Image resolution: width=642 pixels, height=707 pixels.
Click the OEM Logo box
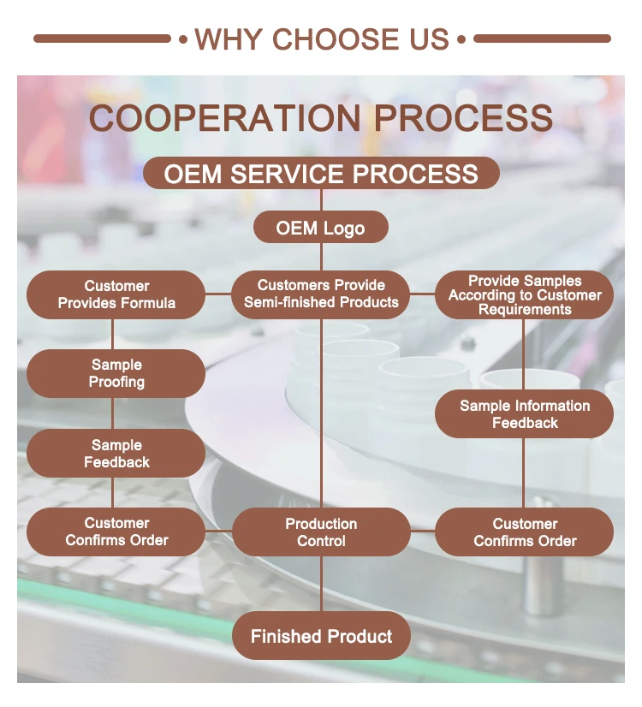click(x=321, y=228)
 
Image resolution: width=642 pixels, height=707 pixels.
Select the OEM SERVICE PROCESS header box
click(x=321, y=173)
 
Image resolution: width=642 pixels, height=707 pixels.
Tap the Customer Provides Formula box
click(x=116, y=295)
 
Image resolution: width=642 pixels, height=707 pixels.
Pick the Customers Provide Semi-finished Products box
click(x=321, y=294)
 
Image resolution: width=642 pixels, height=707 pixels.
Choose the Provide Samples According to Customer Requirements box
click(x=525, y=295)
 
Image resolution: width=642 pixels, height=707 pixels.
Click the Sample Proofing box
click(x=116, y=373)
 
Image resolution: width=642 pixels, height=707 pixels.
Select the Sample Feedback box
click(x=116, y=453)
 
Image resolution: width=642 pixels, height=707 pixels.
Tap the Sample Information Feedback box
click(x=525, y=414)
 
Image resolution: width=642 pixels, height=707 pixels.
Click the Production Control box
click(x=321, y=532)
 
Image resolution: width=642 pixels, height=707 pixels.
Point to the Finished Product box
click(x=321, y=636)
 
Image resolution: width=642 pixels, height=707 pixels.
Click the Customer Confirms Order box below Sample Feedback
click(x=116, y=532)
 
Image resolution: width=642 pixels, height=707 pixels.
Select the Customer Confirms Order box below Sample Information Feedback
click(x=525, y=532)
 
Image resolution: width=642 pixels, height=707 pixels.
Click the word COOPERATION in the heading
click(x=225, y=118)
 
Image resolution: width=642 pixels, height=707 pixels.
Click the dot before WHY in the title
click(x=183, y=39)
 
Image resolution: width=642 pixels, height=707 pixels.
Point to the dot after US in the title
click(x=461, y=39)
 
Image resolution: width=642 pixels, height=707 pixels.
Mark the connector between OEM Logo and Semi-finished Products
click(x=321, y=257)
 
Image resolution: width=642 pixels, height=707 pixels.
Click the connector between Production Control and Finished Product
click(x=321, y=584)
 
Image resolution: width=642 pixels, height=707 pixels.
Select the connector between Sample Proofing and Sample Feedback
click(x=112, y=413)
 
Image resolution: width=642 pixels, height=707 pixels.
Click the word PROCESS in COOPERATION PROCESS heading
click(x=463, y=118)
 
